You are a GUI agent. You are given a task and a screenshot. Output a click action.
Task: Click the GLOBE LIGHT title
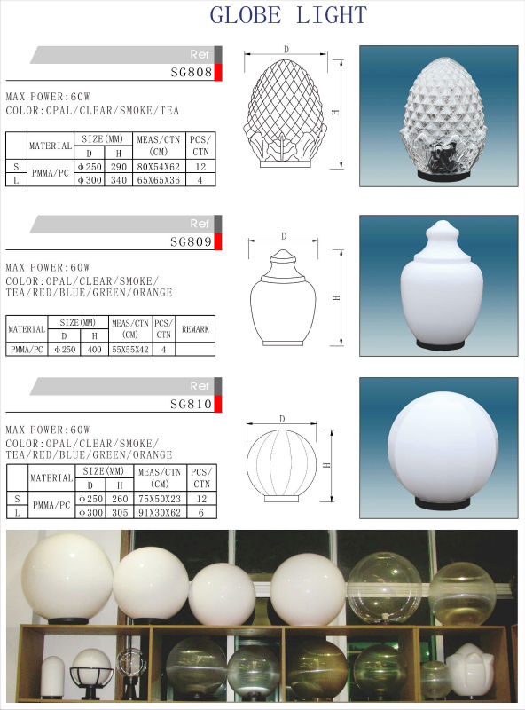click(288, 15)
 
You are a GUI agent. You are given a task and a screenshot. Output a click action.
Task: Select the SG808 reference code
click(192, 72)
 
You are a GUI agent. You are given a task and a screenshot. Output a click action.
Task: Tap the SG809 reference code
click(191, 241)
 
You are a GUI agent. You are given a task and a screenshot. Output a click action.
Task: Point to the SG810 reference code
click(191, 404)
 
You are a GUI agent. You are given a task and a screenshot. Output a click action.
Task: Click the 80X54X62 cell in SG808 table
click(159, 167)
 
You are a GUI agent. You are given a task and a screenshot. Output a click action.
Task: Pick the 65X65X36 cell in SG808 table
click(159, 180)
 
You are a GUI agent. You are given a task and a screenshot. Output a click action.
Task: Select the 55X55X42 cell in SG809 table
click(130, 350)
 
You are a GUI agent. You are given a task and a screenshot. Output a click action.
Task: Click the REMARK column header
click(195, 329)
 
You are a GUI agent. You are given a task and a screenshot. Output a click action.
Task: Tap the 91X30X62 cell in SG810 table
click(160, 513)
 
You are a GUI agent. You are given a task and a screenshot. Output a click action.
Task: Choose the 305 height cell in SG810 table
click(120, 513)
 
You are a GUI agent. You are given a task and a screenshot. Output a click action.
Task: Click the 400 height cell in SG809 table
click(95, 350)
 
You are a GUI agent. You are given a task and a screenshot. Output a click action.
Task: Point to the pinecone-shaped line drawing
click(286, 114)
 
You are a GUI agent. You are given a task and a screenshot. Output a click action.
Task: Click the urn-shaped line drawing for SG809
click(283, 298)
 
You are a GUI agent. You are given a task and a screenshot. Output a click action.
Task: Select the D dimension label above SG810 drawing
click(282, 419)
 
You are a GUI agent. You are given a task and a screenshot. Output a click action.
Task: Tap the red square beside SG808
click(217, 73)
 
